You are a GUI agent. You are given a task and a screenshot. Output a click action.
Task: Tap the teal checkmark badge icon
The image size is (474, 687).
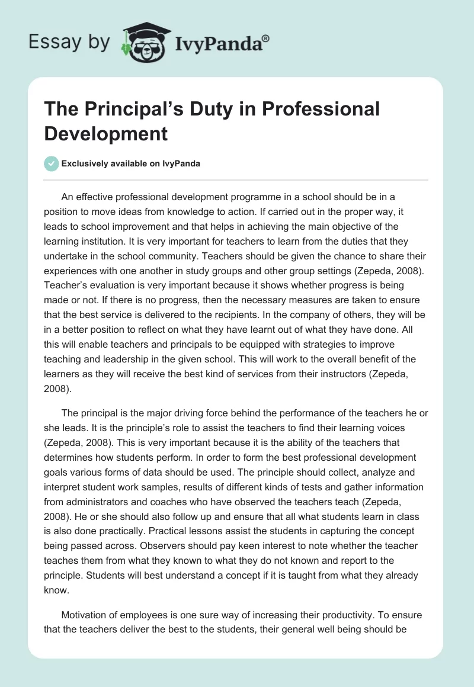pyautogui.click(x=52, y=163)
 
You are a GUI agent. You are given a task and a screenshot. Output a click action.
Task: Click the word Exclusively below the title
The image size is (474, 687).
pyautogui.click(x=88, y=163)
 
